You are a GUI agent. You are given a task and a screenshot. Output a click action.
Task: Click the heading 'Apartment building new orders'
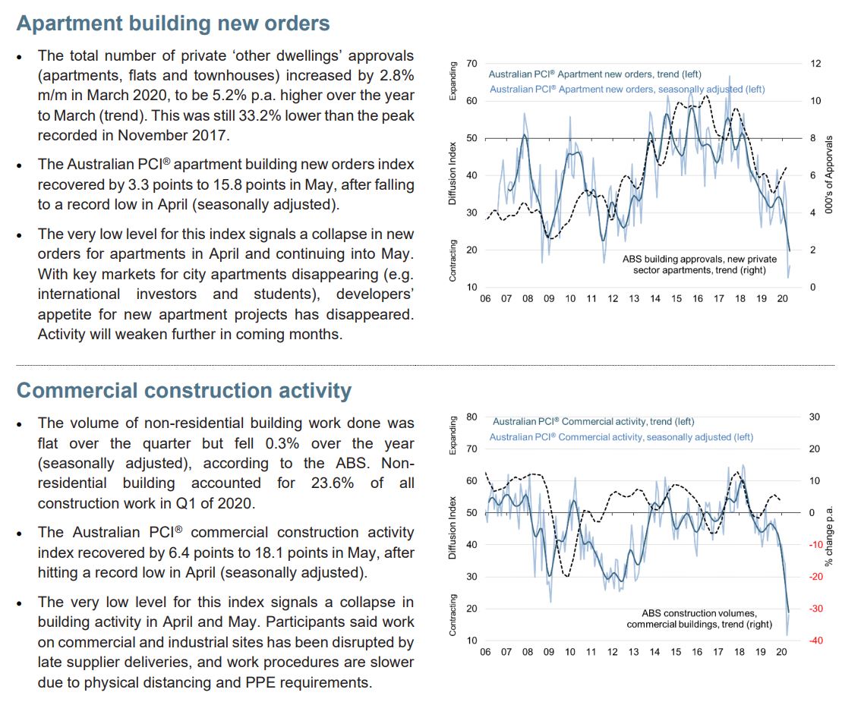(x=173, y=24)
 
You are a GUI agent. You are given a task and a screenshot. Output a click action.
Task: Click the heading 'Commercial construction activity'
(x=184, y=391)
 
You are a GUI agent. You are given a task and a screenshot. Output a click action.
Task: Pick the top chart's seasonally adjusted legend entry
(x=627, y=90)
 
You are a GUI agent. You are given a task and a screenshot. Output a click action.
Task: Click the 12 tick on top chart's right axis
(x=815, y=64)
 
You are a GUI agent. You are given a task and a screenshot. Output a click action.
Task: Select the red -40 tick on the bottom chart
(x=815, y=641)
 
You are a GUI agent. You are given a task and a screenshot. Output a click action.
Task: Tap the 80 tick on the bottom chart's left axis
(x=471, y=417)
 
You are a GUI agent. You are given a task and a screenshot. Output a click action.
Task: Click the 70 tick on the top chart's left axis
(x=471, y=64)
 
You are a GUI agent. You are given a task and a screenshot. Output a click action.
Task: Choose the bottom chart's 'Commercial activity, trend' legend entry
(x=593, y=421)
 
